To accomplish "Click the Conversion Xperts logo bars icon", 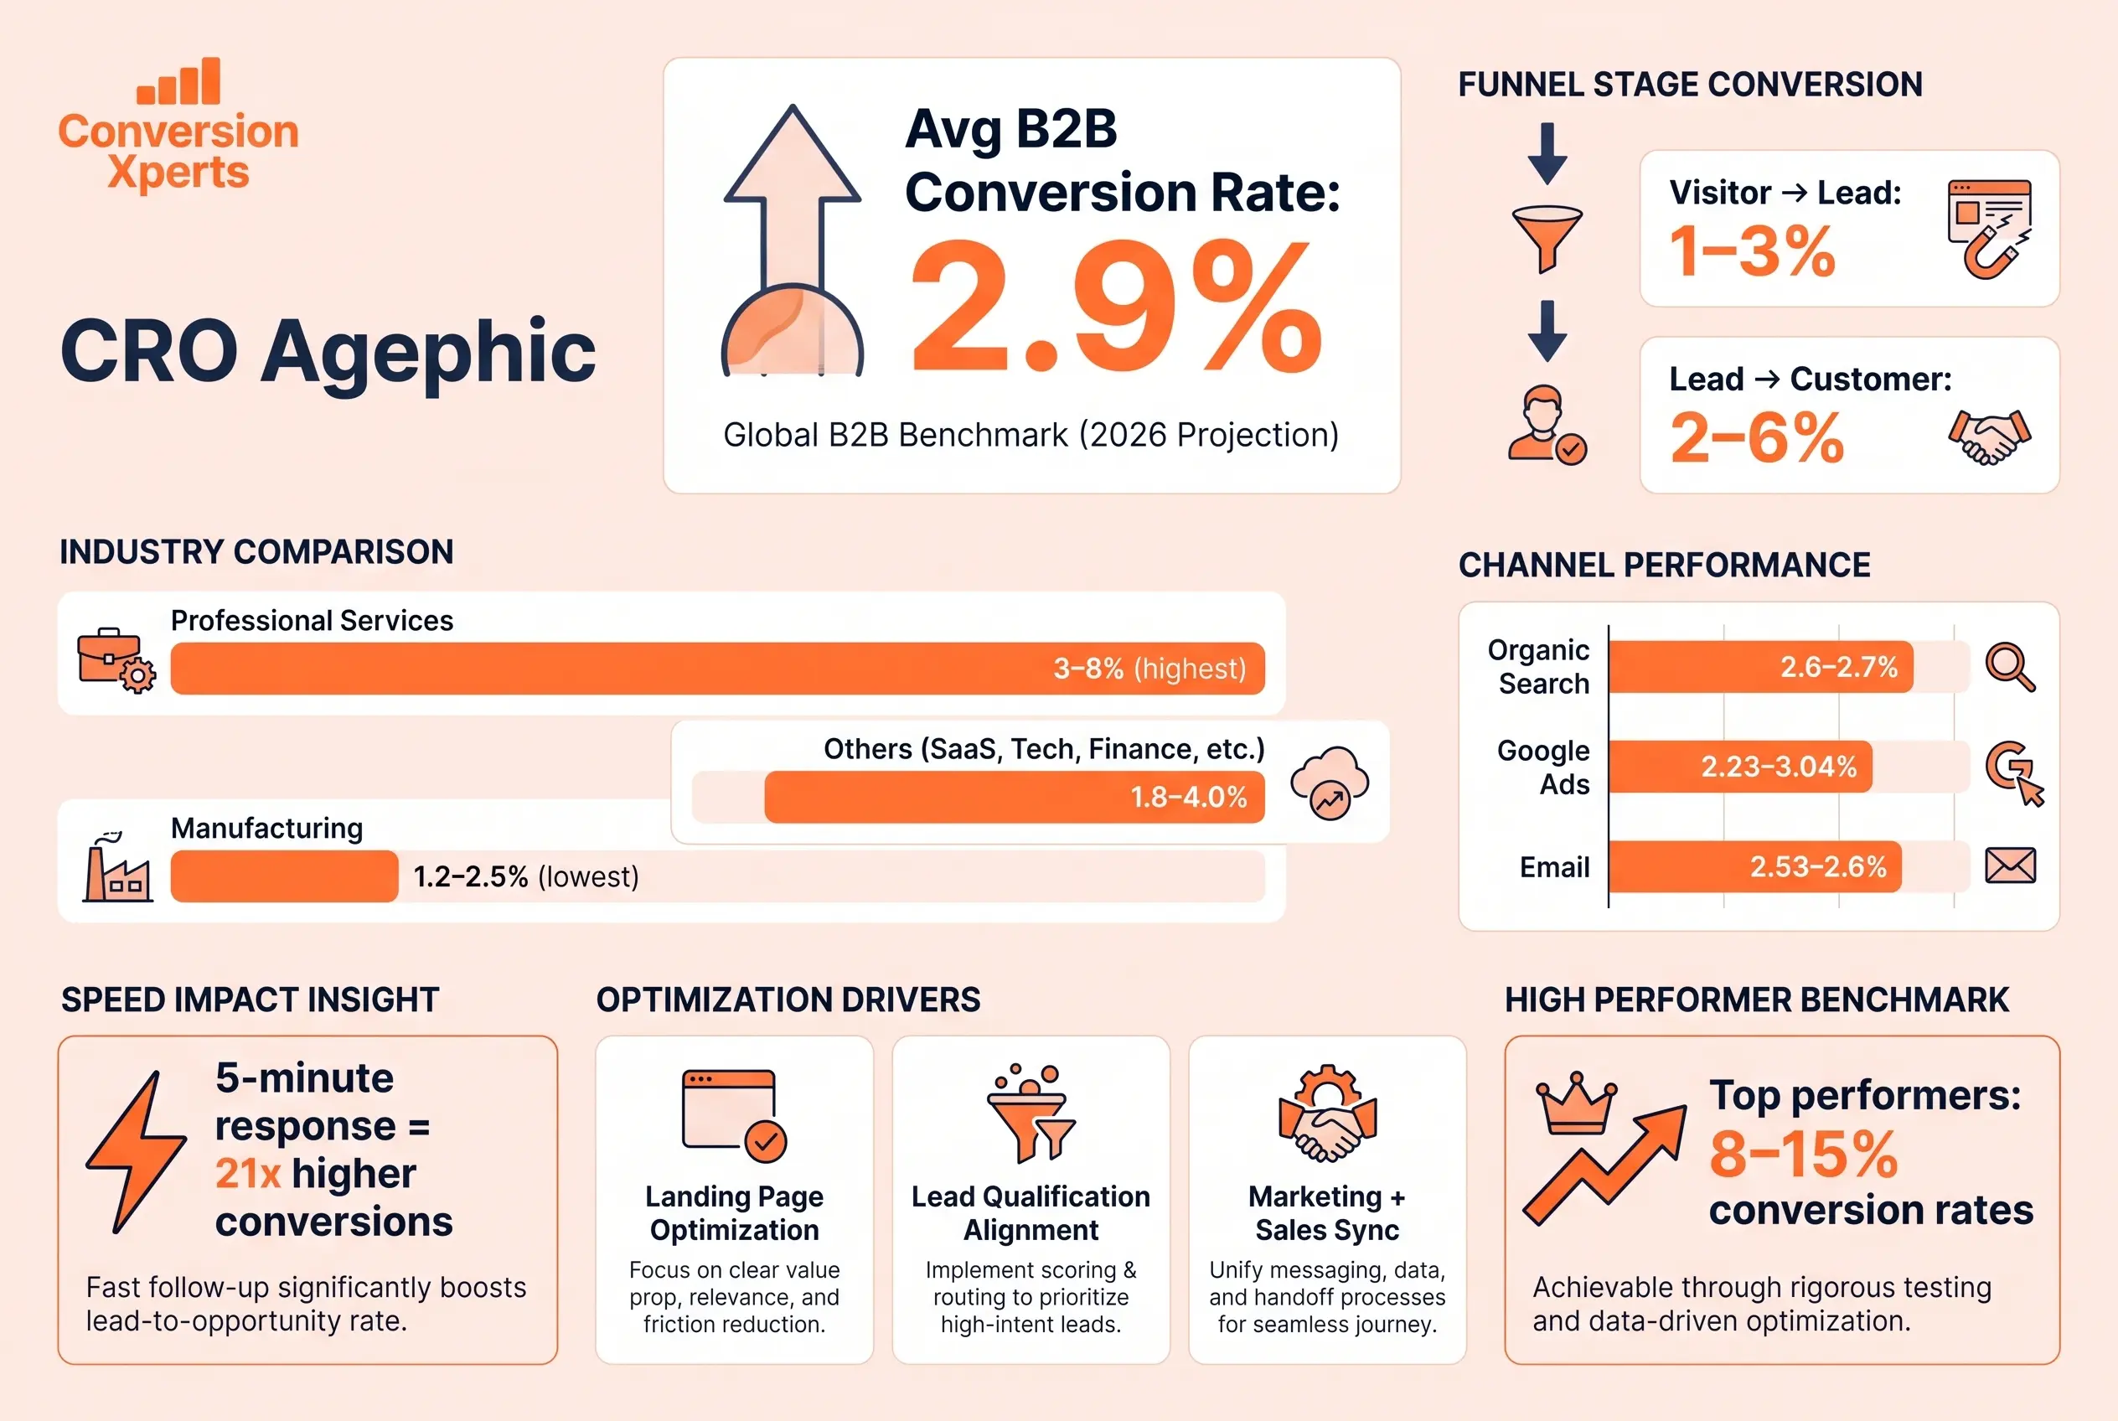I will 178,81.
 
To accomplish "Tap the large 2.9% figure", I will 1115,308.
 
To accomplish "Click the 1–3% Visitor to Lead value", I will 1752,252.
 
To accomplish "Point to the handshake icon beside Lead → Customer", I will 1988,437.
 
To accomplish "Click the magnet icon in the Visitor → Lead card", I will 1990,229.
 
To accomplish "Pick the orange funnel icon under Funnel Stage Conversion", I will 1547,237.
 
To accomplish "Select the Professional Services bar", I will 716,669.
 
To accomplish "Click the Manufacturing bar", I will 284,876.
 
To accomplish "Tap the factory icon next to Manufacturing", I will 117,870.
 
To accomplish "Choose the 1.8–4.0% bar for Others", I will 1013,798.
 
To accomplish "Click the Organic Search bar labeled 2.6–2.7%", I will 1760,667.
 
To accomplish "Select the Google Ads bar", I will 1739,767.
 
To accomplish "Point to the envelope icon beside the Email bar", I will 2009,866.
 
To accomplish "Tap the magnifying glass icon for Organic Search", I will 2009,667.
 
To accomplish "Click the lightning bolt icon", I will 136,1151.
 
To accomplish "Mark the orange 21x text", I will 247,1175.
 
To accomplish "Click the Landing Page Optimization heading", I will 734,1212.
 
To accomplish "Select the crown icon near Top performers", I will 1576,1103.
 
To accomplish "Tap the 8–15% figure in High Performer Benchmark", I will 1803,1155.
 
